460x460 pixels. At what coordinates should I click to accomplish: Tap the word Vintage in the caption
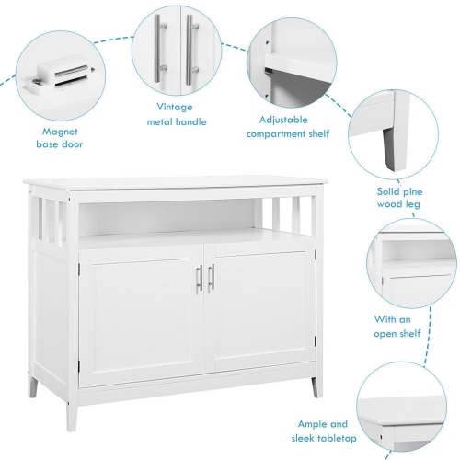point(176,107)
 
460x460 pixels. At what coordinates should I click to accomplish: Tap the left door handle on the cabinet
point(200,275)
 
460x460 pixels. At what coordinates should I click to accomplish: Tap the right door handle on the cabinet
point(212,275)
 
